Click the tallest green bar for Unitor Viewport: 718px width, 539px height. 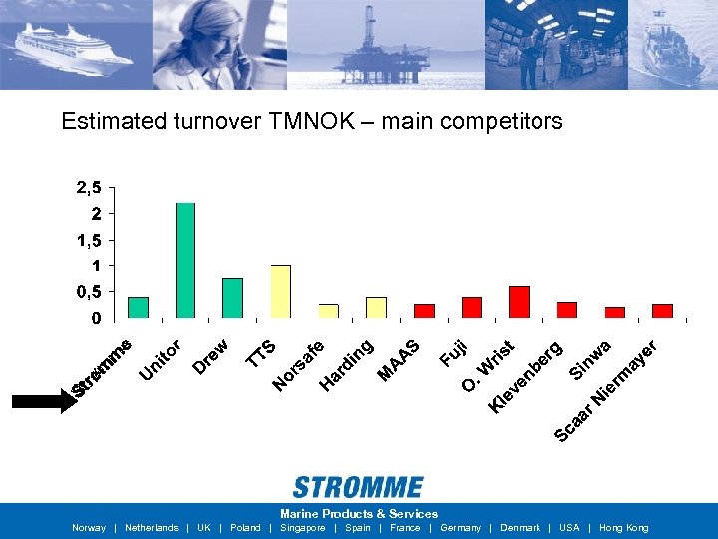[x=185, y=260]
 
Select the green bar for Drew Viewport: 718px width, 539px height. [x=232, y=297]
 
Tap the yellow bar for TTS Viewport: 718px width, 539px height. [x=281, y=290]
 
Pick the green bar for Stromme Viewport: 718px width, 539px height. [x=138, y=307]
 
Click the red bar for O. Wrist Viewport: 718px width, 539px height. [x=519, y=301]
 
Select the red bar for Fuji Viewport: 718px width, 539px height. [x=472, y=307]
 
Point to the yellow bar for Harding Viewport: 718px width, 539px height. [x=376, y=307]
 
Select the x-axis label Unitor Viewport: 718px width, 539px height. [x=160, y=361]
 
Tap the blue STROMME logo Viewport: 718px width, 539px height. [x=358, y=488]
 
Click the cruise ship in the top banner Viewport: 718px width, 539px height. [x=75, y=45]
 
